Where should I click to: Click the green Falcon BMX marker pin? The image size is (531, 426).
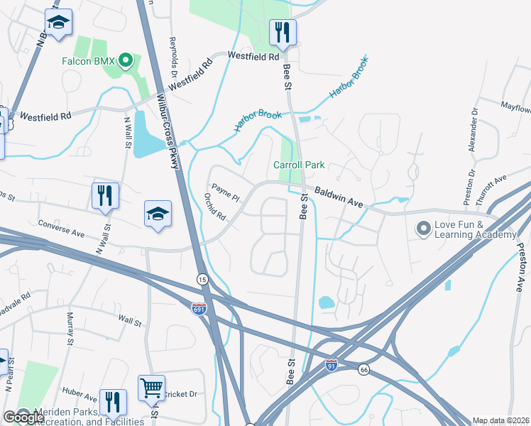pos(126,60)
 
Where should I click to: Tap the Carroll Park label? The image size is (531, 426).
pos(299,165)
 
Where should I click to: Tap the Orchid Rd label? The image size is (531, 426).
pos(214,206)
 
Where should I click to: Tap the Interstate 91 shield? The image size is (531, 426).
pos(331,365)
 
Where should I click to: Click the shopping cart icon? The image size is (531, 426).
pos(151,388)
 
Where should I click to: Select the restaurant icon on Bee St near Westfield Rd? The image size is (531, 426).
pos(283,32)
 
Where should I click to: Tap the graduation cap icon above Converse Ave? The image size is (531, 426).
pos(158,214)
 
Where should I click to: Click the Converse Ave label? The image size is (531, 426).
pos(62,229)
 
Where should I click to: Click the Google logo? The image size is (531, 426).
pos(23,417)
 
